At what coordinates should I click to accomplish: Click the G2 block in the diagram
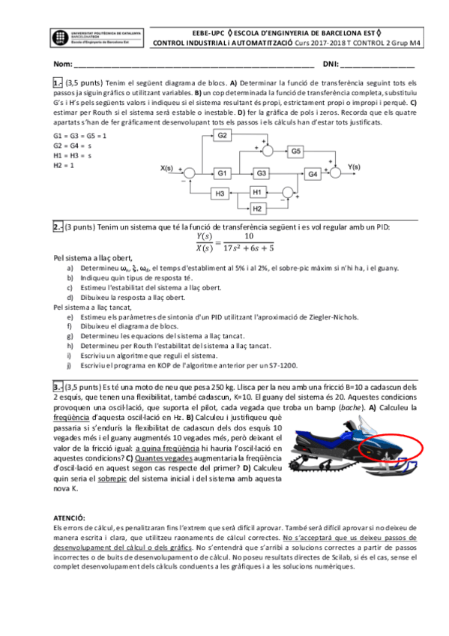223,136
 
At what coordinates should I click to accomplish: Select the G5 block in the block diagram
297,151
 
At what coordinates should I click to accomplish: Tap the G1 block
223,173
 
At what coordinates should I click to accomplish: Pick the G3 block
261,173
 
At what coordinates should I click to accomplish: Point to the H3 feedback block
220,193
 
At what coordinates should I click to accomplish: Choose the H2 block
258,208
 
